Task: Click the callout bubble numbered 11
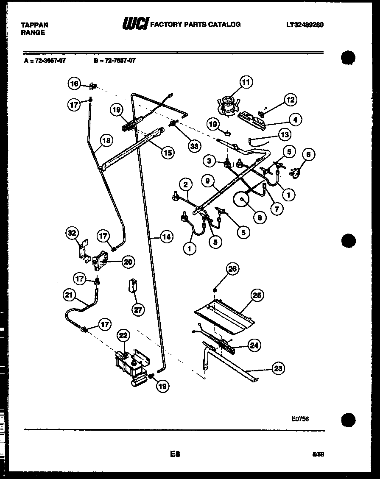[246, 82]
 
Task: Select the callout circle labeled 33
[194, 146]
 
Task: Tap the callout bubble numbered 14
[167, 237]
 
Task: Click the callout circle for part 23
[277, 368]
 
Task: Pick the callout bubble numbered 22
[123, 336]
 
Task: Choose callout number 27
[138, 309]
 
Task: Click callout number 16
[74, 84]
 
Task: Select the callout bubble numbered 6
[308, 155]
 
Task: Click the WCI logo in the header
[135, 25]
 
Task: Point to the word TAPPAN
[34, 25]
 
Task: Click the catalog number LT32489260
[305, 25]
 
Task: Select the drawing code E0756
[300, 418]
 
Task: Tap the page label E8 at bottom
[175, 454]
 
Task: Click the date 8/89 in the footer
[318, 454]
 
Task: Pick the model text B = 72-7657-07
[115, 61]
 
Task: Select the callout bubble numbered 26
[232, 269]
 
